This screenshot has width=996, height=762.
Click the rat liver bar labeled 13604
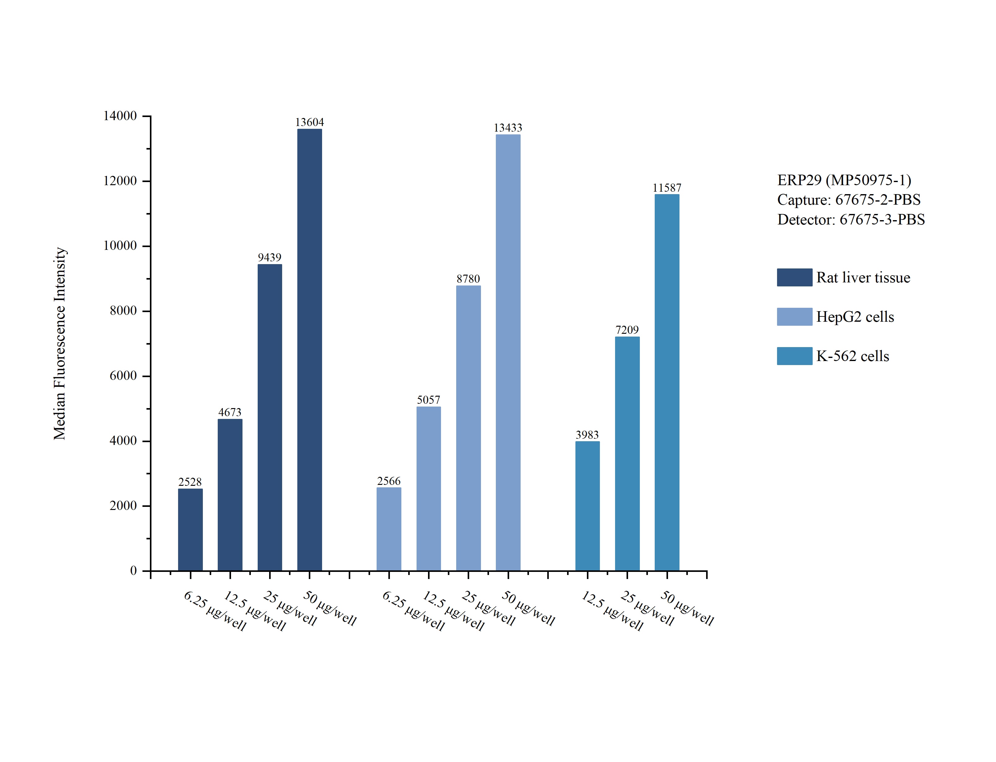tap(309, 349)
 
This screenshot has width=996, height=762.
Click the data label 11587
tap(667, 188)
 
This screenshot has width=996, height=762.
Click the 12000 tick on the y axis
tap(120, 181)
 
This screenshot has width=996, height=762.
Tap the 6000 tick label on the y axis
tap(123, 376)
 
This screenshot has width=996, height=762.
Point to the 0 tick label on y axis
tap(133, 571)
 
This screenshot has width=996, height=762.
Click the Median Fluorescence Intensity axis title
tap(60, 343)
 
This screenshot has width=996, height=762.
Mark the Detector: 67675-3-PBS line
tap(851, 220)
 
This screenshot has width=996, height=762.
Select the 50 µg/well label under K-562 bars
tap(687, 608)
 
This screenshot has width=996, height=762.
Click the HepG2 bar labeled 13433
tap(508, 352)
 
